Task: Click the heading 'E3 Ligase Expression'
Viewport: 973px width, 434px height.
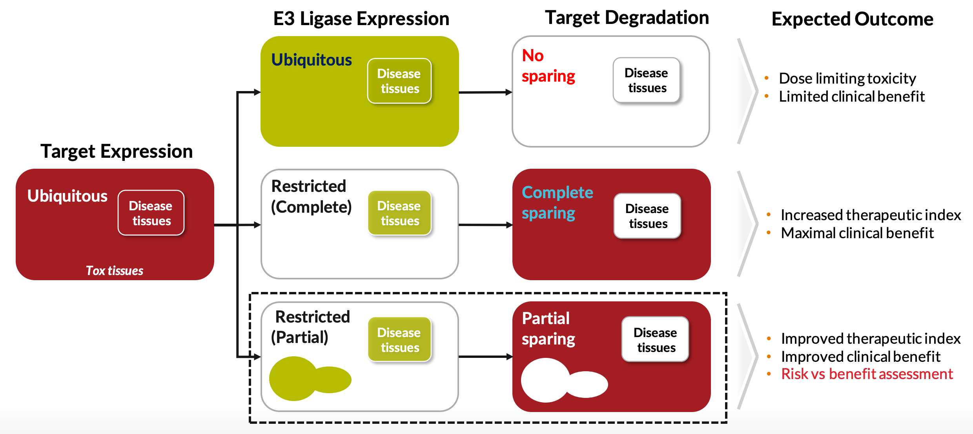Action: click(361, 19)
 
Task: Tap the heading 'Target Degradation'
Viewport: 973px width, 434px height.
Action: click(627, 18)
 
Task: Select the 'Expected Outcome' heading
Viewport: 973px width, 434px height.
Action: click(852, 19)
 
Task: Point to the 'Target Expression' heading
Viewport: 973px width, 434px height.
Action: click(117, 151)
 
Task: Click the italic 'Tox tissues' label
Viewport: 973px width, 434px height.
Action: click(115, 270)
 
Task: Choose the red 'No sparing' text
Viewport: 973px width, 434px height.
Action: click(548, 66)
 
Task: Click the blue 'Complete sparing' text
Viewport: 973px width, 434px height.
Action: click(557, 202)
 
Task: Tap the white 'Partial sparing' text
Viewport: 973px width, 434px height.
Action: click(548, 328)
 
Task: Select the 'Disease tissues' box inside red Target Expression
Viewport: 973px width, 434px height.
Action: click(151, 213)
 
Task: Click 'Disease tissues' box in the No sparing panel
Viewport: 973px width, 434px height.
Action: click(647, 80)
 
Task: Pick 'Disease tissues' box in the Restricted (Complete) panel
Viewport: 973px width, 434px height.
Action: click(399, 213)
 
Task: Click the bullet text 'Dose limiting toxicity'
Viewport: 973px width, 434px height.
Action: click(847, 78)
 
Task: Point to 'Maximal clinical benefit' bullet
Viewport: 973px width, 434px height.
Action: click(857, 233)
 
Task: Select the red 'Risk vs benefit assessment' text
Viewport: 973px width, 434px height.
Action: click(867, 374)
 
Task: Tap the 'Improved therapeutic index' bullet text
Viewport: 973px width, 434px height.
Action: click(870, 339)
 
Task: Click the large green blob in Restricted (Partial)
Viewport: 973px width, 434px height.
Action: click(293, 379)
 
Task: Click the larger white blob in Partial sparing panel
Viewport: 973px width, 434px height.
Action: click(545, 380)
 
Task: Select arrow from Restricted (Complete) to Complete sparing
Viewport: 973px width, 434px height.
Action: click(485, 225)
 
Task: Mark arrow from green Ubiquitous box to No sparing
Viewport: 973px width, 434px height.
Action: click(485, 92)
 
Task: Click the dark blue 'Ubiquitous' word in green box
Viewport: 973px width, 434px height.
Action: click(312, 60)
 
